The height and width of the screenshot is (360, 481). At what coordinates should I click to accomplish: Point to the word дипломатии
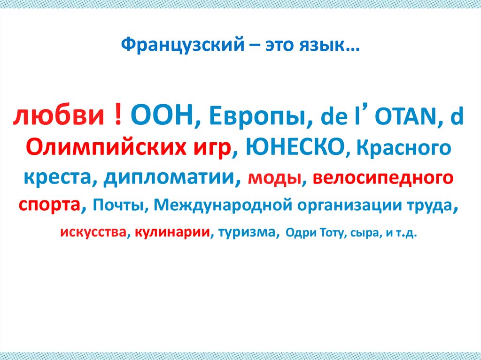(169, 178)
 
